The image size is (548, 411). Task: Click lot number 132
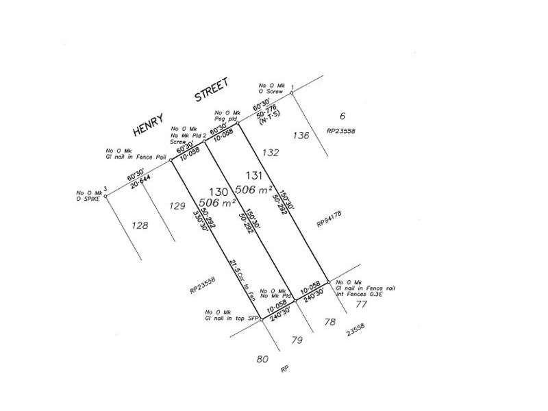point(271,152)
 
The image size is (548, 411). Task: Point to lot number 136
point(301,135)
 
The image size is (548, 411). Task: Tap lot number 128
point(139,224)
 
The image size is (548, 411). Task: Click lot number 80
point(262,358)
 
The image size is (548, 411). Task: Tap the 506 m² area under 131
point(254,189)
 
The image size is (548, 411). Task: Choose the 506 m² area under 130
point(218,203)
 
